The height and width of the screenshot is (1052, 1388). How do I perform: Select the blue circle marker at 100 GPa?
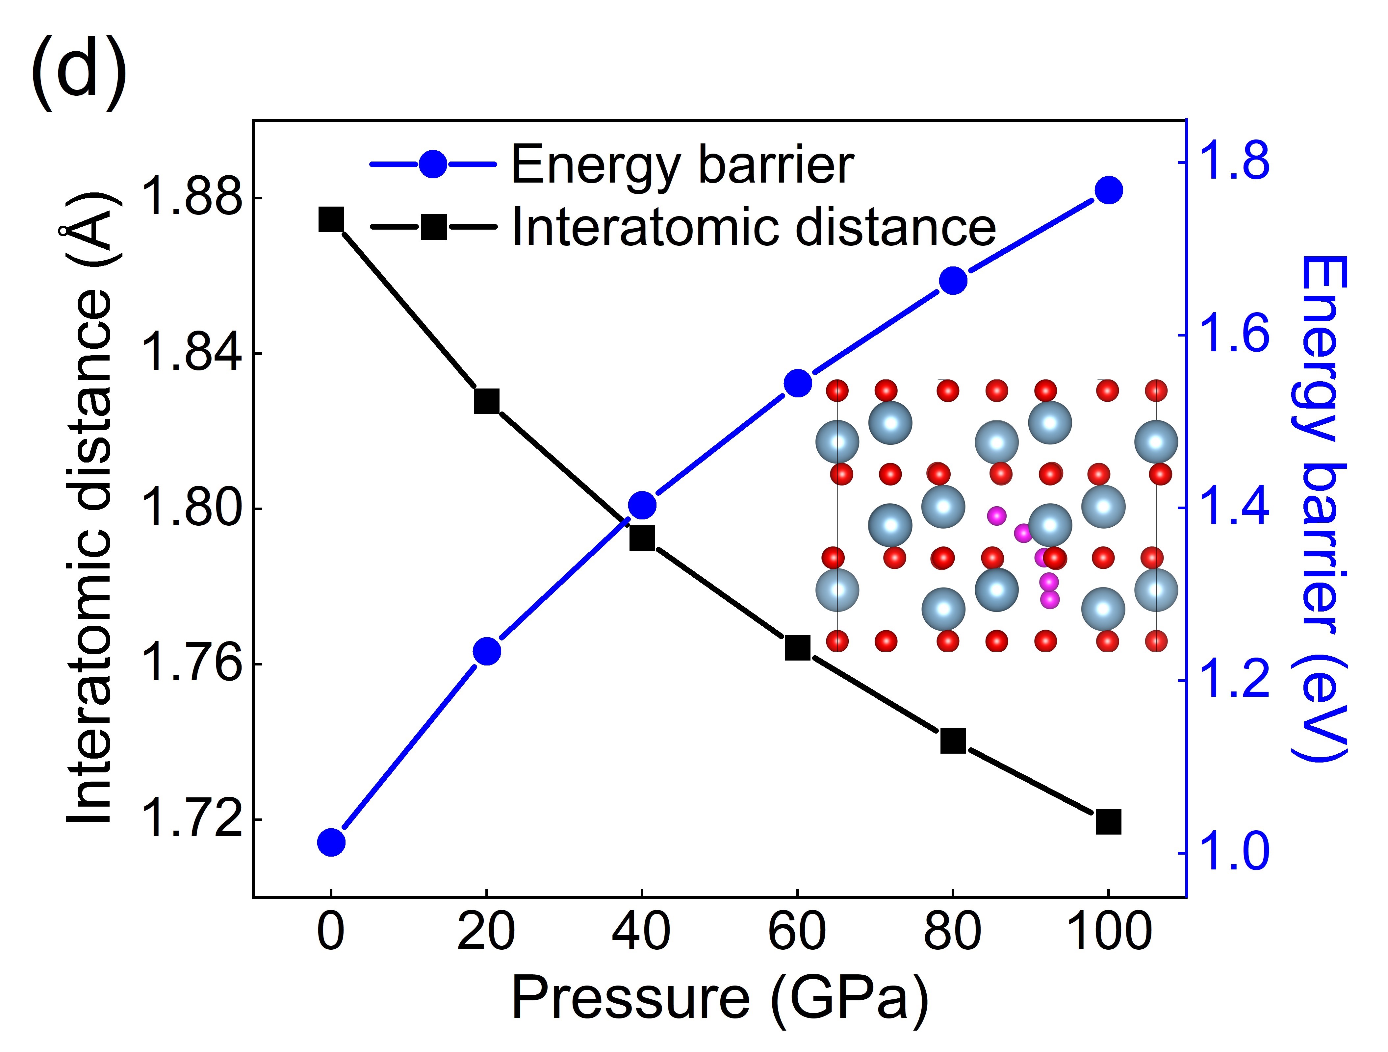click(x=1108, y=190)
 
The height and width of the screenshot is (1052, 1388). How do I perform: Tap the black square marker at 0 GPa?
click(x=331, y=220)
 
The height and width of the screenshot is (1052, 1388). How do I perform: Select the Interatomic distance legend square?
click(x=433, y=226)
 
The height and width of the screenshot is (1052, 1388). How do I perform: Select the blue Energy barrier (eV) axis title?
click(x=1318, y=508)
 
